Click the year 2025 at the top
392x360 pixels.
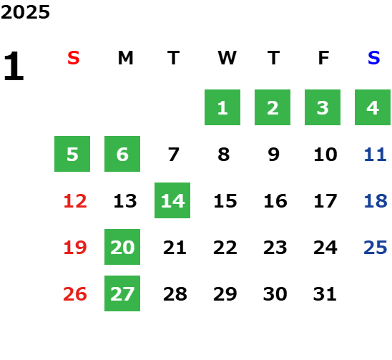click(x=25, y=12)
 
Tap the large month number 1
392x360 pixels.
click(x=14, y=66)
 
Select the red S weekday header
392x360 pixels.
click(x=74, y=58)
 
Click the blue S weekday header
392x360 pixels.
click(x=374, y=58)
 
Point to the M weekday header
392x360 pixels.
click(x=125, y=58)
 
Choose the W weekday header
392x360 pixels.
click(x=227, y=58)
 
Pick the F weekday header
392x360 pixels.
click(x=324, y=58)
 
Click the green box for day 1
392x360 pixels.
click(x=222, y=107)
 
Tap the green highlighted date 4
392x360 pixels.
click(x=373, y=107)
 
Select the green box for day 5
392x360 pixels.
click(x=72, y=154)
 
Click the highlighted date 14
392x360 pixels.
click(x=172, y=200)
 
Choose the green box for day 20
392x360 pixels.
click(x=122, y=247)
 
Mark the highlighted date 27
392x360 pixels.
click(x=122, y=293)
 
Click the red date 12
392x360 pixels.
click(x=75, y=201)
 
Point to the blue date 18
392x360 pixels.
click(x=376, y=201)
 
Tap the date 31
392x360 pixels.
click(x=325, y=294)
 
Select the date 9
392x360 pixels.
click(x=273, y=155)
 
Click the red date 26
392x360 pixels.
click(x=75, y=294)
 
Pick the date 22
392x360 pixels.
click(x=225, y=248)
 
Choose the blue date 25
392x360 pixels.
click(x=376, y=248)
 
